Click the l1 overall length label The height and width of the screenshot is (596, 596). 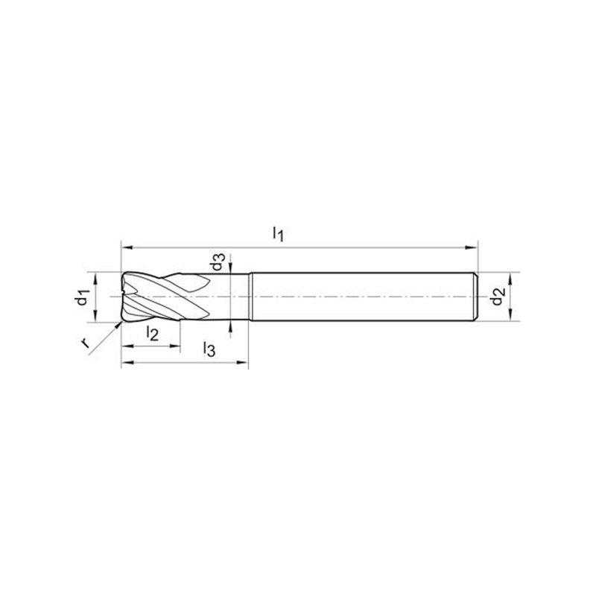(278, 233)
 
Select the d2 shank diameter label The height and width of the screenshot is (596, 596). (497, 297)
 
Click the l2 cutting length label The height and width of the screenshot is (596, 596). (152, 333)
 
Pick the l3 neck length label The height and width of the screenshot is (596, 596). (209, 349)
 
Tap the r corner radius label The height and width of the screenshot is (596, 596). (85, 343)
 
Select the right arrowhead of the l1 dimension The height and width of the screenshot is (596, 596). (472, 247)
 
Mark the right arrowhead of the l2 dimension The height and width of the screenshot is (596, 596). (174, 346)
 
